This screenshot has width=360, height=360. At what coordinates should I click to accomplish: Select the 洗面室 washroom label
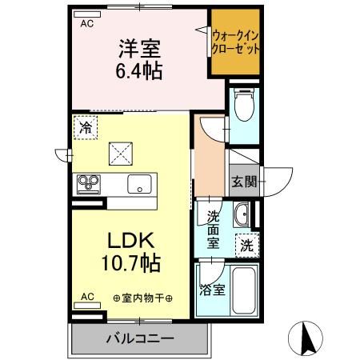214,230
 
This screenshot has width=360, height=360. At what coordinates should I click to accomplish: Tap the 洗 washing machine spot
246,246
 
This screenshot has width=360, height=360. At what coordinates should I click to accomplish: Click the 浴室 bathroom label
212,290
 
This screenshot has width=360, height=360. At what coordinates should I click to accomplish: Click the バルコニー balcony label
139,338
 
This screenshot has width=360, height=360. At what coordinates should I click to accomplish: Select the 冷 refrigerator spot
85,126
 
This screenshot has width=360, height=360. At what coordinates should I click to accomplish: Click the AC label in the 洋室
86,24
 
